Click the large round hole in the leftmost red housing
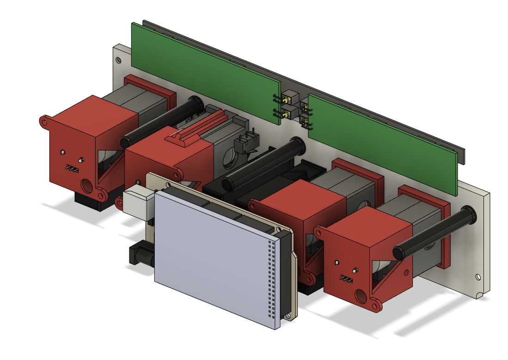86,186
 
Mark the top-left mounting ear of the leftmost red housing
44,122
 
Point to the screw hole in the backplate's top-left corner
119,60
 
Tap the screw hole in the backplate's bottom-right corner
477,277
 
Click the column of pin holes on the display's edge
272,277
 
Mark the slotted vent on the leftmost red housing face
73,167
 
